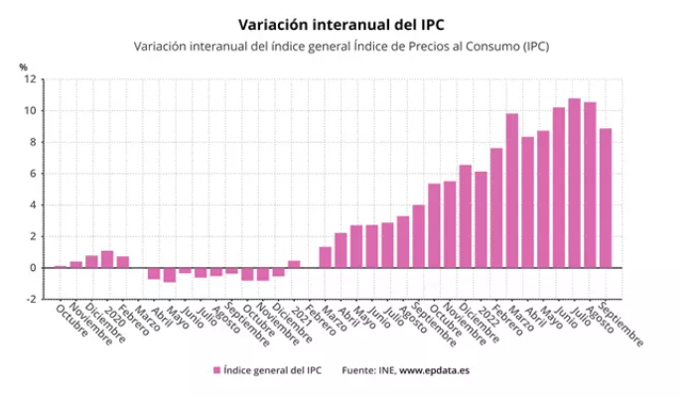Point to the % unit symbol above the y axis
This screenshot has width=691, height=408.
23,68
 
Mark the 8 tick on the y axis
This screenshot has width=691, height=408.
34,142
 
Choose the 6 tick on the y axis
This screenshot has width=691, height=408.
34,174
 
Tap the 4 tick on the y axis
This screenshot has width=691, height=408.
34,204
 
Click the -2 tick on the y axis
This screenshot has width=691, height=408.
32,299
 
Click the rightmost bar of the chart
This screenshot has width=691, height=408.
605,198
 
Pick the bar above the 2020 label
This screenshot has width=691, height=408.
107,259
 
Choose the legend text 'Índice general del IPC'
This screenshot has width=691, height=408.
272,370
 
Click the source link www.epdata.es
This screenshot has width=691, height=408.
434,370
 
